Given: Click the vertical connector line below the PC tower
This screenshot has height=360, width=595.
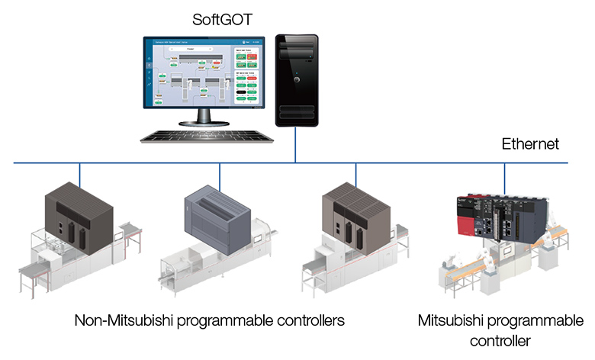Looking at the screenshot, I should click(297, 153).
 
